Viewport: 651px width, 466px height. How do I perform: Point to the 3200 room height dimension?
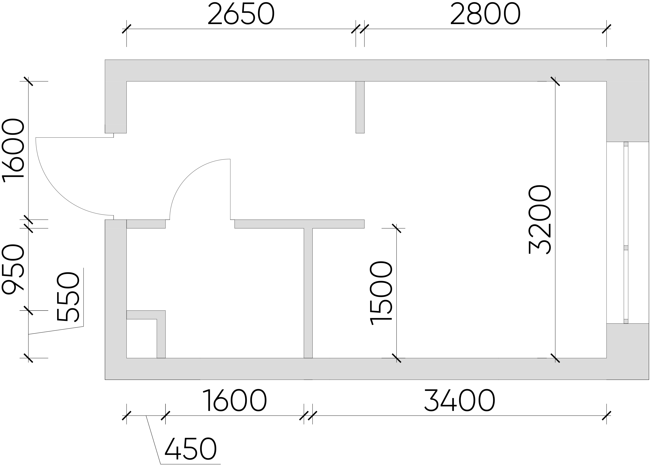pos(540,220)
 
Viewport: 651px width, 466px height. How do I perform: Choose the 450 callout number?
pos(191,449)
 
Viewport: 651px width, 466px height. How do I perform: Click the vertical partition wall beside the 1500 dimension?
pos(308,293)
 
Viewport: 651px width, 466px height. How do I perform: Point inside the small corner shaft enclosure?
pos(142,339)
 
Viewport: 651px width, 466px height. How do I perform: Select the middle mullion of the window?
pos(626,248)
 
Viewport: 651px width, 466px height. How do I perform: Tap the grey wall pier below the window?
pos(628,341)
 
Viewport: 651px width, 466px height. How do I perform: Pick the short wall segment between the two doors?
pos(146,224)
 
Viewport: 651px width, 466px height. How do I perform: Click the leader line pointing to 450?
pos(153,440)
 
